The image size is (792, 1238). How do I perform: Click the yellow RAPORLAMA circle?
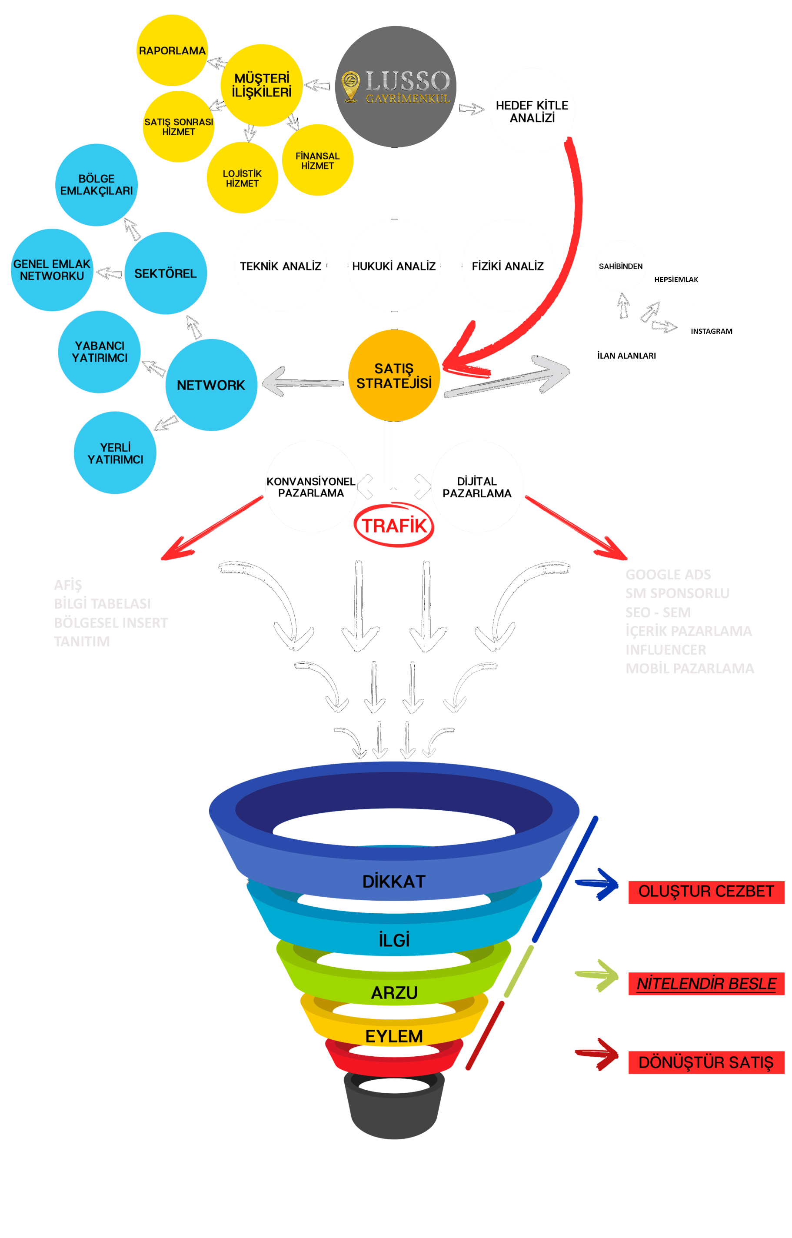point(172,50)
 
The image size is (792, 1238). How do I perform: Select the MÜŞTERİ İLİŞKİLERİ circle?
point(261,85)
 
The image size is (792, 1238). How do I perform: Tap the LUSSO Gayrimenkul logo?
point(396,87)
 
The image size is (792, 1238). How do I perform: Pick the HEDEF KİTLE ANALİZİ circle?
point(532,110)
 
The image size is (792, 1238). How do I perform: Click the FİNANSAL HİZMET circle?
point(317,160)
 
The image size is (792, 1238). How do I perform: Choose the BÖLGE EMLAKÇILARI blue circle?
point(96,185)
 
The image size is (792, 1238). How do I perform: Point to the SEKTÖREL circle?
point(165,273)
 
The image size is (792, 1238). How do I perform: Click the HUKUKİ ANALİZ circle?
point(394,266)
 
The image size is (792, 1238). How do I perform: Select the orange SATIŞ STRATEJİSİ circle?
point(394,376)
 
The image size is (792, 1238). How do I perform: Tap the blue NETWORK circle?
point(211,385)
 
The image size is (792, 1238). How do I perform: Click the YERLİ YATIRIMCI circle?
point(115,453)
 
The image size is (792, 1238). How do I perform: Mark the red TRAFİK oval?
point(394,525)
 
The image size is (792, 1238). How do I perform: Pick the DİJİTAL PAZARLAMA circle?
point(477,486)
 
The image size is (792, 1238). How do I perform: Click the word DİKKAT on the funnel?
point(394,881)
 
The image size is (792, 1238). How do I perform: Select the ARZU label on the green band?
point(394,993)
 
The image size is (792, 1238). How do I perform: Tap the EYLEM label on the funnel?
point(394,1036)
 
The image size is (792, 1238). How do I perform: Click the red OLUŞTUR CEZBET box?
point(705,892)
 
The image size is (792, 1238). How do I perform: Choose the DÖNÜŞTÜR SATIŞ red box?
point(705,1062)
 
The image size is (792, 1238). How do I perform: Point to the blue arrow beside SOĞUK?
point(598,884)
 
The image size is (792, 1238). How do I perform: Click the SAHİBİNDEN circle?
point(620,266)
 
